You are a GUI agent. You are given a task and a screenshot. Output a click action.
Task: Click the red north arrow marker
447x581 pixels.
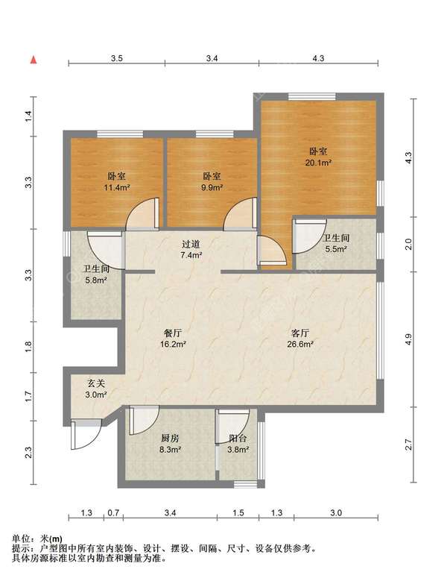tap(34, 59)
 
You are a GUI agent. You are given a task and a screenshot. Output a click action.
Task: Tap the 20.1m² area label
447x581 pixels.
tap(318, 163)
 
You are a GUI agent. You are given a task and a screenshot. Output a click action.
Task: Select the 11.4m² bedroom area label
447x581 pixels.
tap(116, 187)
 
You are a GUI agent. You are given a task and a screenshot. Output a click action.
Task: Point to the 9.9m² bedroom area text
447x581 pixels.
tap(212, 187)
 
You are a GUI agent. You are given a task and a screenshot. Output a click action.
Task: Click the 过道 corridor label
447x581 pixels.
tap(191, 244)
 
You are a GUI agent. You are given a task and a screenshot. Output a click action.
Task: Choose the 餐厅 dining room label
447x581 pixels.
tap(172, 333)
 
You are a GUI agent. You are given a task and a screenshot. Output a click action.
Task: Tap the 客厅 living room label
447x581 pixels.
tap(300, 333)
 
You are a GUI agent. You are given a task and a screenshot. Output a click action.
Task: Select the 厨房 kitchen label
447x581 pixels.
tap(170, 439)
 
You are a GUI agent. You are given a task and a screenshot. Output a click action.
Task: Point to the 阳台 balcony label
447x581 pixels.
tap(238, 439)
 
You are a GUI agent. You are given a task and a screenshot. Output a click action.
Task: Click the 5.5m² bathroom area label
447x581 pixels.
tap(335, 249)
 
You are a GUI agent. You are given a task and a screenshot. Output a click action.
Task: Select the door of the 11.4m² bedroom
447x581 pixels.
tap(142, 214)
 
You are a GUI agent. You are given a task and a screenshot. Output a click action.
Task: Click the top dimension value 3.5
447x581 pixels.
tap(117, 58)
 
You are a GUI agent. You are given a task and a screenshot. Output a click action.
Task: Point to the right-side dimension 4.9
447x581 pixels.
tap(408, 339)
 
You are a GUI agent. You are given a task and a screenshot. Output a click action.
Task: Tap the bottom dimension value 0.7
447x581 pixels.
tap(113, 513)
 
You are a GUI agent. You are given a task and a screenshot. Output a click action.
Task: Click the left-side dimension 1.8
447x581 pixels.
tap(28, 347)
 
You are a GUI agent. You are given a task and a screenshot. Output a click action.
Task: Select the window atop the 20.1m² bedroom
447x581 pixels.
tap(312, 96)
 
